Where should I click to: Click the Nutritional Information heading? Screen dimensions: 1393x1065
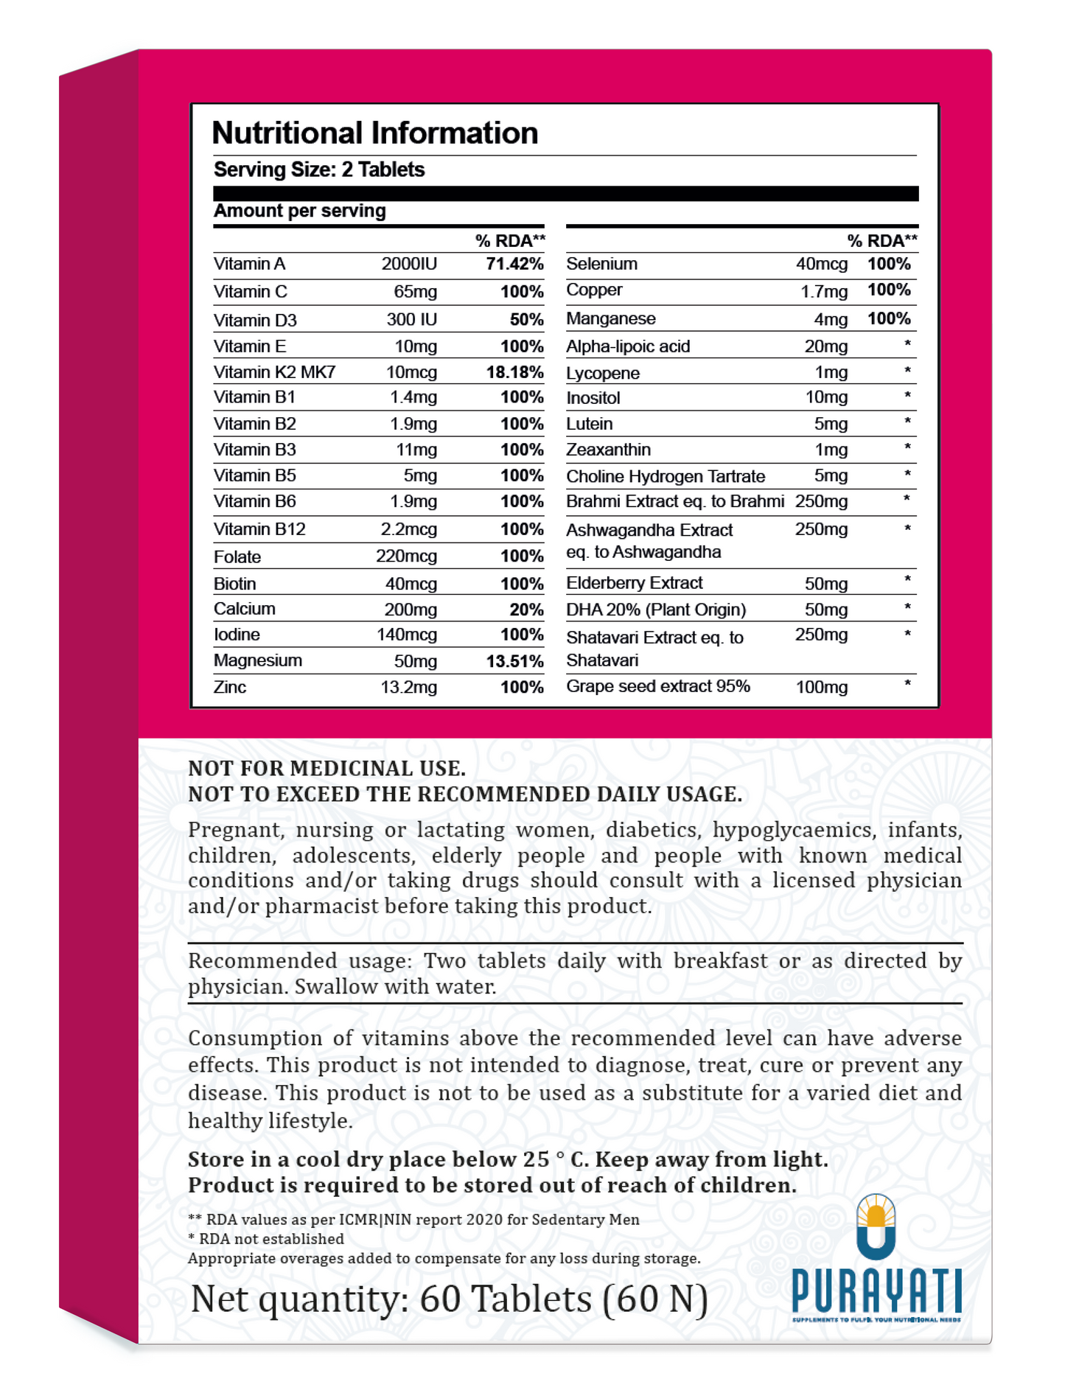pyautogui.click(x=374, y=133)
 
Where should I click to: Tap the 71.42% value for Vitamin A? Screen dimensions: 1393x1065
pyautogui.click(x=514, y=264)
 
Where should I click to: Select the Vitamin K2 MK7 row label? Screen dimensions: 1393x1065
pyautogui.click(x=274, y=372)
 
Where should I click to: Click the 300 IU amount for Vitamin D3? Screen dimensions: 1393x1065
pyautogui.click(x=411, y=319)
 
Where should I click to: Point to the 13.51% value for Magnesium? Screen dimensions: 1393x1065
pyautogui.click(x=514, y=661)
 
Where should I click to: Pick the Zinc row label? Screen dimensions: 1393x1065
pyautogui.click(x=230, y=687)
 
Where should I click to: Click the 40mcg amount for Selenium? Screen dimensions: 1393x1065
pyautogui.click(x=821, y=264)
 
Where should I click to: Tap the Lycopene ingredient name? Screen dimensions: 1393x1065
pyautogui.click(x=602, y=373)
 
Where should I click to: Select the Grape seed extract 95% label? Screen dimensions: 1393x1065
pyautogui.click(x=657, y=686)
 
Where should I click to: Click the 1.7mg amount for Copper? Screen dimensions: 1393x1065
pyautogui.click(x=824, y=291)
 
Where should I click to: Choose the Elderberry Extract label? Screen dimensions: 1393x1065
pyautogui.click(x=634, y=583)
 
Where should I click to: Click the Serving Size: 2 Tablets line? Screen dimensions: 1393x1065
pyautogui.click(x=319, y=170)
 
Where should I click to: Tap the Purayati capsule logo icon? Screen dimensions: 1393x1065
pyautogui.click(x=876, y=1228)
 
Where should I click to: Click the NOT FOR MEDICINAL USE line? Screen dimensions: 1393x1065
pyautogui.click(x=327, y=768)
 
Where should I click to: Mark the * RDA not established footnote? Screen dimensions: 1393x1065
pyautogui.click(x=266, y=1239)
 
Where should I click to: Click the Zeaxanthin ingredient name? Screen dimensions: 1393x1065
pyautogui.click(x=608, y=450)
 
